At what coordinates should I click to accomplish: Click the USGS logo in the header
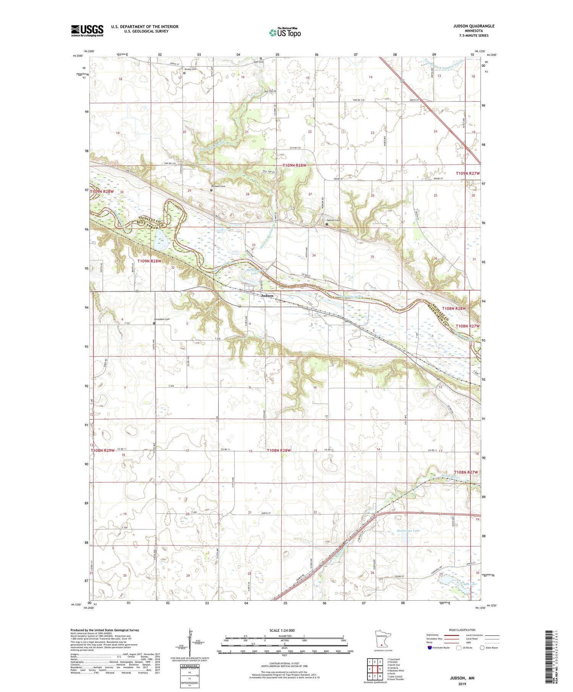coord(87,31)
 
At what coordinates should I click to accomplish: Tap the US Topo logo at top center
coord(285,33)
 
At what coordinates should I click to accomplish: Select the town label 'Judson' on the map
coord(267,296)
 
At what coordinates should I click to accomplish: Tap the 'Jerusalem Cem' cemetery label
coord(162,319)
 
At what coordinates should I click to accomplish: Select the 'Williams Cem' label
coord(218,186)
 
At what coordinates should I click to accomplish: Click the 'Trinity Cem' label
coord(190,69)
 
